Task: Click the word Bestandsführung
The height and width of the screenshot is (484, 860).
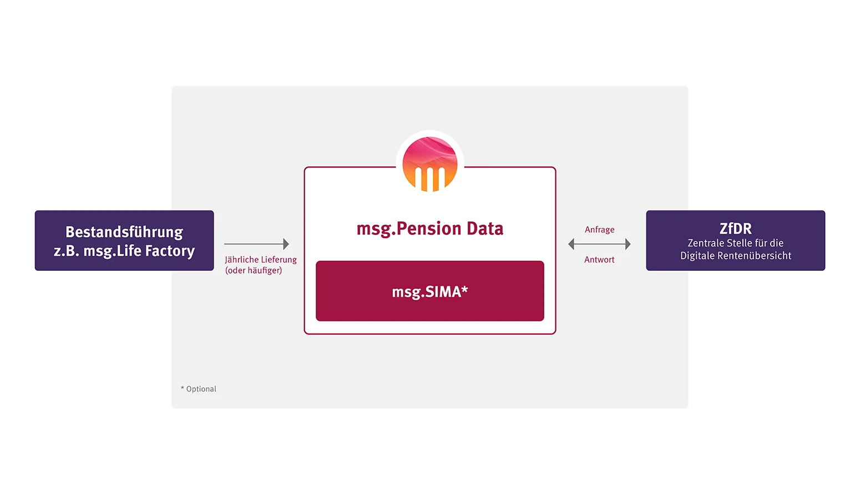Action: tap(124, 233)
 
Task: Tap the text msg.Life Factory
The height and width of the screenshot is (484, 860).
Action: tap(139, 251)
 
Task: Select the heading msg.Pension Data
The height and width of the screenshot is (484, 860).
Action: tap(429, 229)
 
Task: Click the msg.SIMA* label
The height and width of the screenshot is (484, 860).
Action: tap(429, 291)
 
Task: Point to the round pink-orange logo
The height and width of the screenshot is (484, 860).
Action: tap(429, 164)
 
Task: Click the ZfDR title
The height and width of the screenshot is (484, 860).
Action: tap(735, 229)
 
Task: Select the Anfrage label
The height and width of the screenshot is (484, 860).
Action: tap(599, 230)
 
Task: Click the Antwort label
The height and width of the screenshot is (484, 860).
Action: tap(599, 260)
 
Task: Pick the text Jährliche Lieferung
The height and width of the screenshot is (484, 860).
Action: tap(261, 260)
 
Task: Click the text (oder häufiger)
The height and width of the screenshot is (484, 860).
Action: tap(254, 270)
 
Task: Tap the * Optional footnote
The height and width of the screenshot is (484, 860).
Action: tap(199, 389)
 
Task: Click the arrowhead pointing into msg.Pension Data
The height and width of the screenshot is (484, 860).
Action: tap(286, 244)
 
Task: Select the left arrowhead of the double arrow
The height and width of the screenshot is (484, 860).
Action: tap(571, 244)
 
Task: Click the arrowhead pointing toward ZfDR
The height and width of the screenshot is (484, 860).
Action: tap(628, 244)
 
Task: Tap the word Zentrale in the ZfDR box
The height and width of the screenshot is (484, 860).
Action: tap(702, 243)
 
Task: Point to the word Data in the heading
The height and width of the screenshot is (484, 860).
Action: tap(485, 229)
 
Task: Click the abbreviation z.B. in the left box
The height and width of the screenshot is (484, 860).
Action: tap(66, 251)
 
